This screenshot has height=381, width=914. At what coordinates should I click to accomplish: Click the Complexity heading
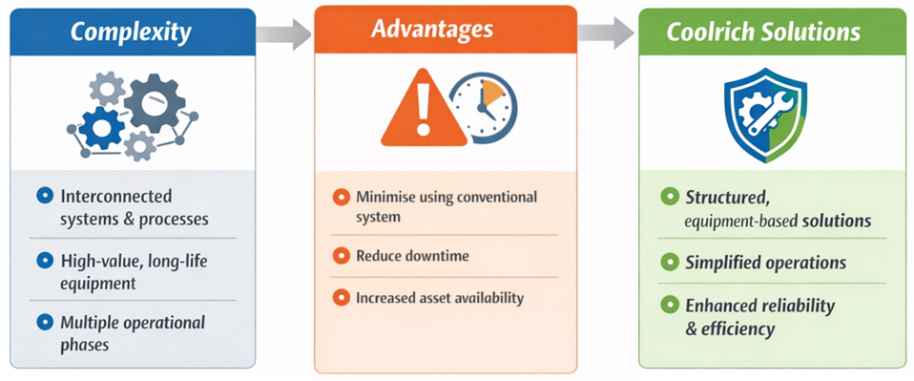point(132,32)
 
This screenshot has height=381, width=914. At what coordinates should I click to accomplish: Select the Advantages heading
point(445,28)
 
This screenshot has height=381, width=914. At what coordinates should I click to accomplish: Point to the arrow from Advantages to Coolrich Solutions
point(606,33)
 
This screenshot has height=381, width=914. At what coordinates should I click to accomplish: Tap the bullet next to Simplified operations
point(670,262)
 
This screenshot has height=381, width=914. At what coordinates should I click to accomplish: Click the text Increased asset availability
point(439,297)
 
